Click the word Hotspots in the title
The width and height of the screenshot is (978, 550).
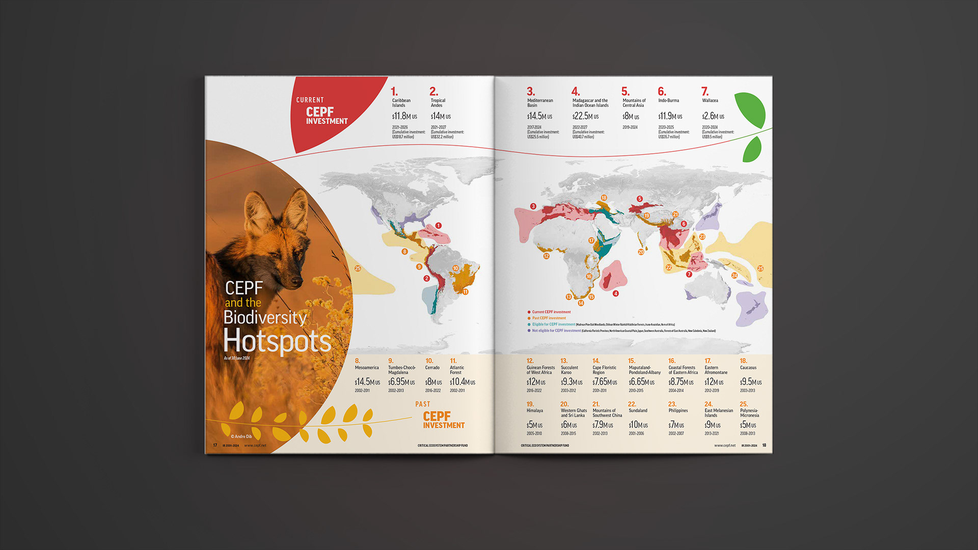pyautogui.click(x=277, y=341)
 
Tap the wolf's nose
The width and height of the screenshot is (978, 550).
pyautogui.click(x=296, y=281)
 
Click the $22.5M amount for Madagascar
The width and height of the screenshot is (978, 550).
pyautogui.click(x=585, y=116)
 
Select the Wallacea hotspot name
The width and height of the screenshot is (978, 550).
pyautogui.click(x=710, y=101)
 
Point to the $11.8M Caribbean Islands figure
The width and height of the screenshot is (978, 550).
pyautogui.click(x=404, y=116)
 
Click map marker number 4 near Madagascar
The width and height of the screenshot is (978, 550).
pyautogui.click(x=616, y=293)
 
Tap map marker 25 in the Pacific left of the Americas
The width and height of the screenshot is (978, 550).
pyautogui.click(x=358, y=268)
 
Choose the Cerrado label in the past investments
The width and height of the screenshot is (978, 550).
pyautogui.click(x=432, y=368)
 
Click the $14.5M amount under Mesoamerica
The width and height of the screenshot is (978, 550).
pyautogui.click(x=367, y=382)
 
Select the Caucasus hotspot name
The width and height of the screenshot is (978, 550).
pyautogui.click(x=748, y=368)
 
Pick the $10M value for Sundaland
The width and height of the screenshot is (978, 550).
pyautogui.click(x=638, y=425)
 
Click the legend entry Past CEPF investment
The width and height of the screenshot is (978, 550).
pyautogui.click(x=549, y=318)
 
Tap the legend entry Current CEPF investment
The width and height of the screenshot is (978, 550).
pyautogui.click(x=551, y=312)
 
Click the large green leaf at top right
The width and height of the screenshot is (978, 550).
pyautogui.click(x=751, y=109)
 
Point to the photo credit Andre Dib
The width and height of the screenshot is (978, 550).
pyautogui.click(x=241, y=436)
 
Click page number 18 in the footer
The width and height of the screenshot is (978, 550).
pyautogui.click(x=764, y=446)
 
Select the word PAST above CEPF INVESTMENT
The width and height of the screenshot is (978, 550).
pyautogui.click(x=423, y=404)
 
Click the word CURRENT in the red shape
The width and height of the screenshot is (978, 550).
pyautogui.click(x=310, y=100)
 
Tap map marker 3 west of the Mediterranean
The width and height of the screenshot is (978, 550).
pyautogui.click(x=533, y=206)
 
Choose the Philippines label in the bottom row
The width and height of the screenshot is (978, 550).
pyautogui.click(x=678, y=410)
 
